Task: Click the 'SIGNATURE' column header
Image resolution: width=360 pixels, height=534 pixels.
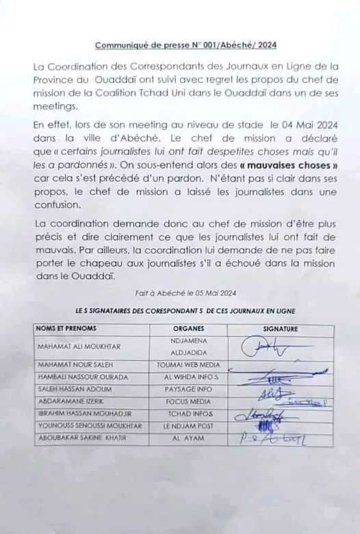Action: tap(280, 329)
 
